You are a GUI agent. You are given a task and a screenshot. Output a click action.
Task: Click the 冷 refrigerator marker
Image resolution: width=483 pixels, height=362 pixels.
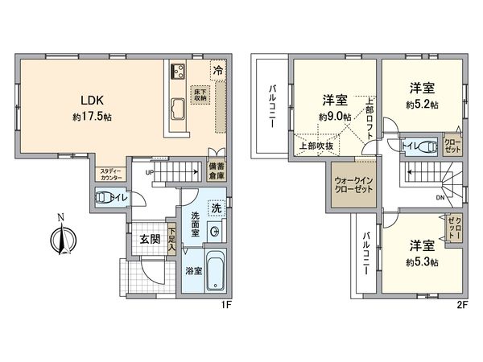[x=218, y=71]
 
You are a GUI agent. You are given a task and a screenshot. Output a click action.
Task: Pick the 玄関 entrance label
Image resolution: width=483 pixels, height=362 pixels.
[x=139, y=239]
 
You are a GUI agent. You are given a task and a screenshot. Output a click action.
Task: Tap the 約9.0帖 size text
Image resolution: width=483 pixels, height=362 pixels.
[x=334, y=117]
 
